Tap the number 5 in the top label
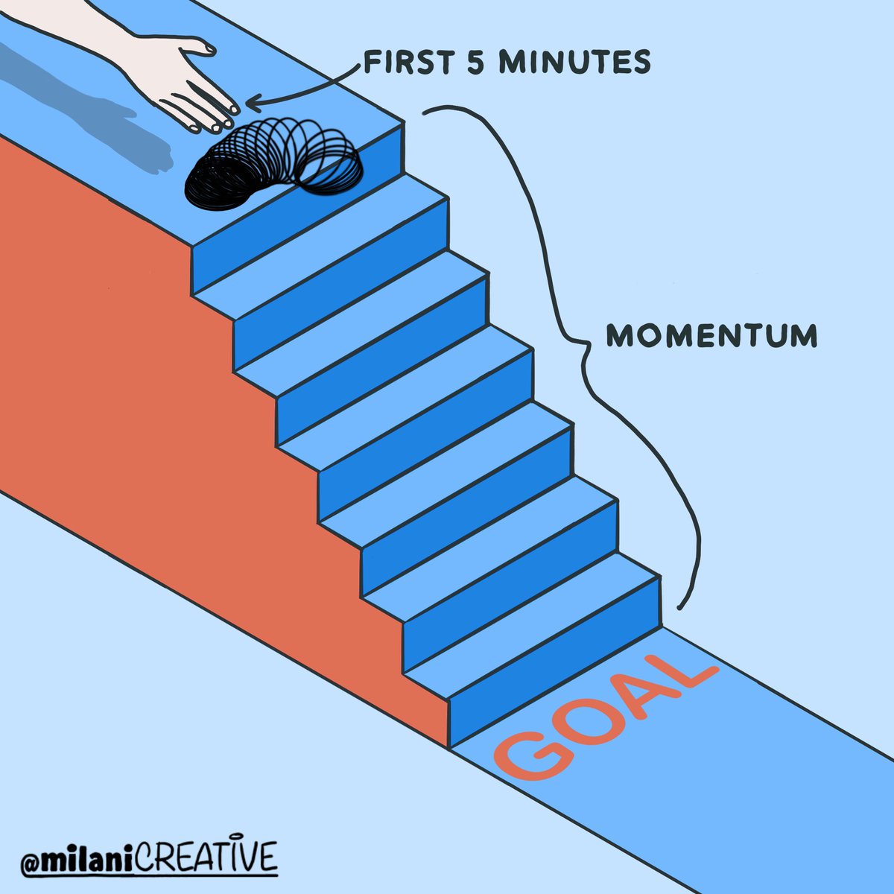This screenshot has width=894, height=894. (469, 63)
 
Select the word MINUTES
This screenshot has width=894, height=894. (571, 63)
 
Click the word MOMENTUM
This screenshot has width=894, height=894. (711, 336)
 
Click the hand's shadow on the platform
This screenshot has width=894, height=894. (97, 112)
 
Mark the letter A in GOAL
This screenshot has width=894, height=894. (637, 693)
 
